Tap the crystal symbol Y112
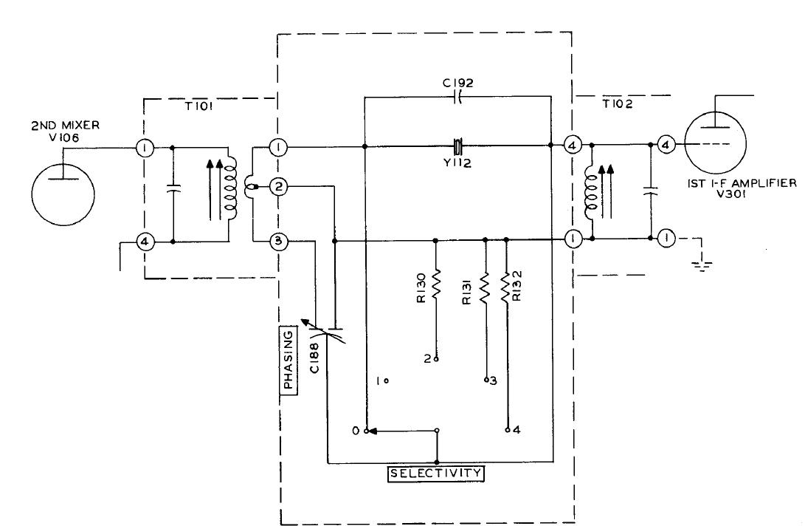coord(457,145)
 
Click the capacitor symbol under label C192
coord(457,96)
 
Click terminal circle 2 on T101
coord(277,186)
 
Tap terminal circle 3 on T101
coord(277,241)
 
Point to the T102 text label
coord(613,105)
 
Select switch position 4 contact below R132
coord(507,429)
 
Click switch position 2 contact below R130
coord(436,359)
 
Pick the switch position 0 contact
coord(365,430)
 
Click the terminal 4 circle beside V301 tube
coord(665,145)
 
